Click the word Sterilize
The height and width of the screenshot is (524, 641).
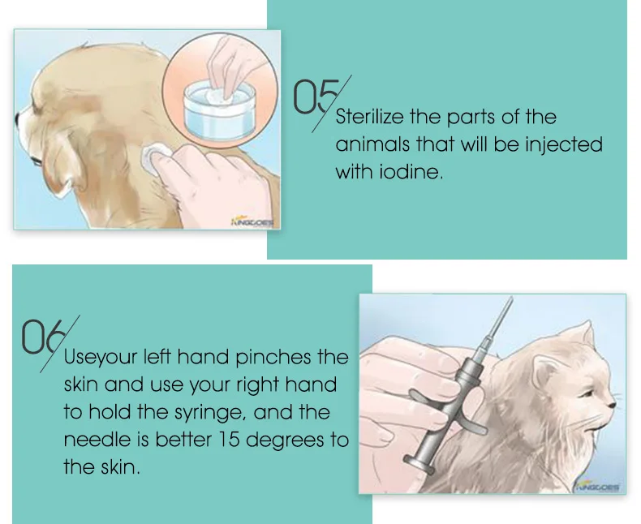pyautogui.click(x=374, y=117)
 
